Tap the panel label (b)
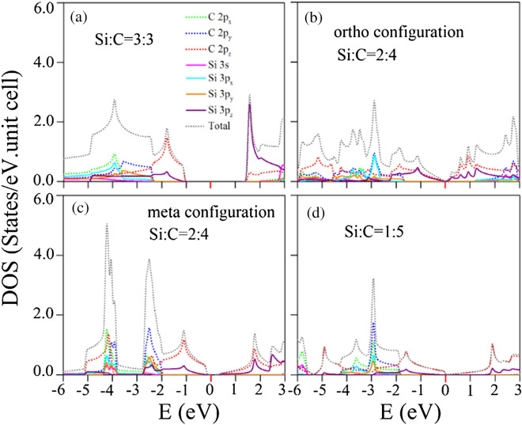pyautogui.click(x=308, y=17)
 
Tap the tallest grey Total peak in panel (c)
pyautogui.click(x=106, y=225)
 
